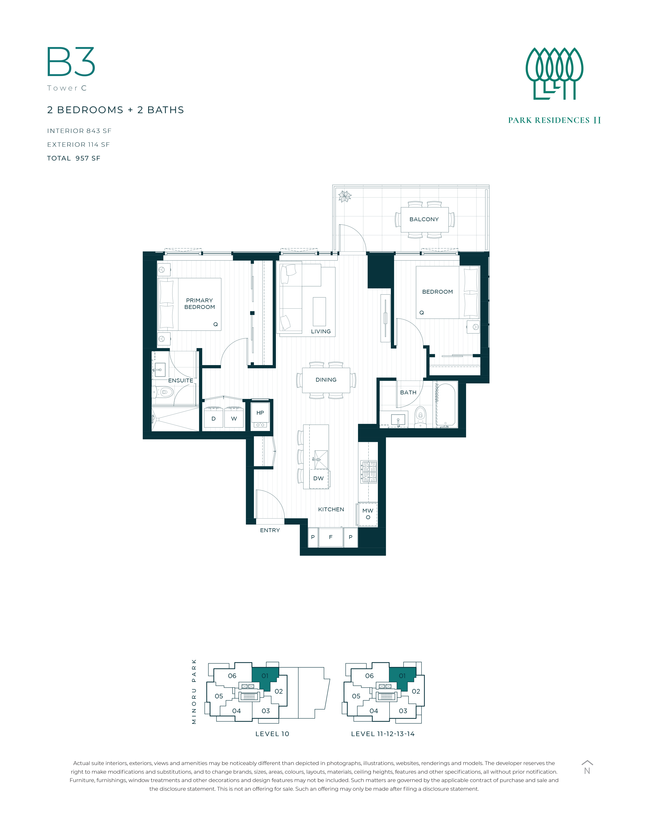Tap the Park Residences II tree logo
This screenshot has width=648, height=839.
[554, 73]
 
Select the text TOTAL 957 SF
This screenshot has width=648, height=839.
[74, 158]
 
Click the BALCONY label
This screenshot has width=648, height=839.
[424, 219]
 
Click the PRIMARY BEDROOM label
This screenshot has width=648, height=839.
[200, 304]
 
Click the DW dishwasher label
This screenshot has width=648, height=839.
[318, 478]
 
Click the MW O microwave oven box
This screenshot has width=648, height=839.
[368, 514]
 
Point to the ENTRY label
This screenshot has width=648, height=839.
[270, 530]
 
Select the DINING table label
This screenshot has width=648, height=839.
[326, 380]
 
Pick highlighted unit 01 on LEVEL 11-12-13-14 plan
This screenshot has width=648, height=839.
[402, 679]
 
